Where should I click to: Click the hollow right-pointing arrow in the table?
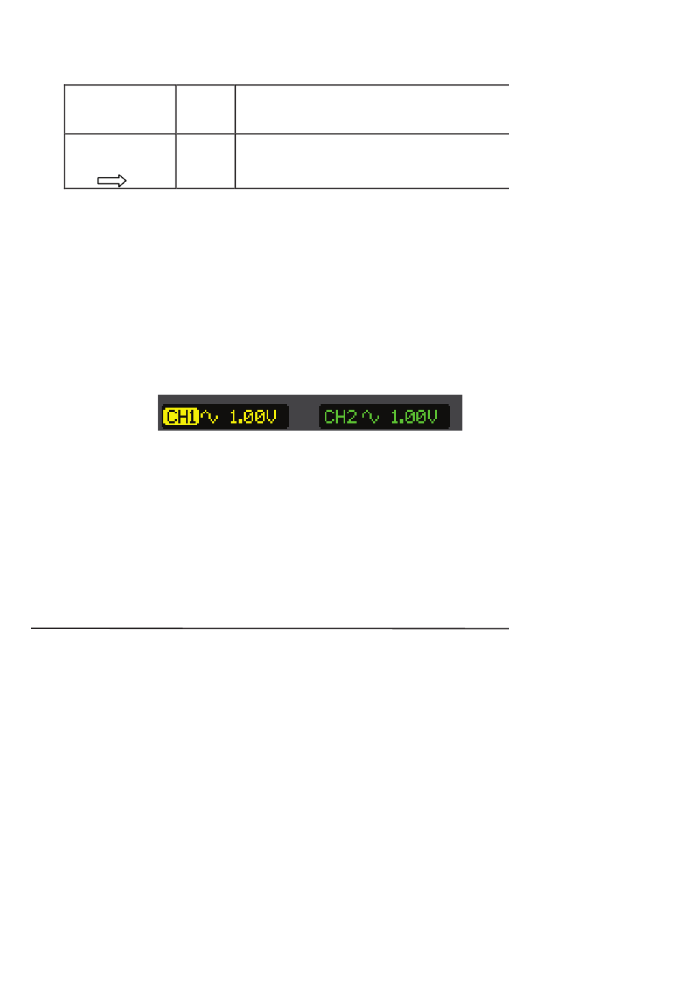[111, 181]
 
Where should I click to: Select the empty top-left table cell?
[120, 109]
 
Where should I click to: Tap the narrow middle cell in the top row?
[206, 109]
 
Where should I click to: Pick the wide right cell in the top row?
[372, 109]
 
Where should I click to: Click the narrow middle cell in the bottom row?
[206, 161]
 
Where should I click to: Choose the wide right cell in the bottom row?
[372, 161]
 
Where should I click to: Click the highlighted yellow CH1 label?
[180, 417]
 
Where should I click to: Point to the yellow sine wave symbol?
[209, 417]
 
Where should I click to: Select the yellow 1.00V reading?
[252, 417]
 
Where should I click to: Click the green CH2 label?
[340, 417]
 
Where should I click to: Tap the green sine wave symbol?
[370, 417]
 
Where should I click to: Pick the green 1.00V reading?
[413, 417]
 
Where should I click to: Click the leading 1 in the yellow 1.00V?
[233, 417]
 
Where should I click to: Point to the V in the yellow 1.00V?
[271, 417]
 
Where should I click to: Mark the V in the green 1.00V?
[432, 417]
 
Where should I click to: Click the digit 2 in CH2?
[352, 417]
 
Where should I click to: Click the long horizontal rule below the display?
[270, 628]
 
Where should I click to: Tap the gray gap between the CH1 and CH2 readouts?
[303, 417]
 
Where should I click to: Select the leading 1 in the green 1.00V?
[394, 417]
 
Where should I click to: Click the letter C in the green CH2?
[329, 417]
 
